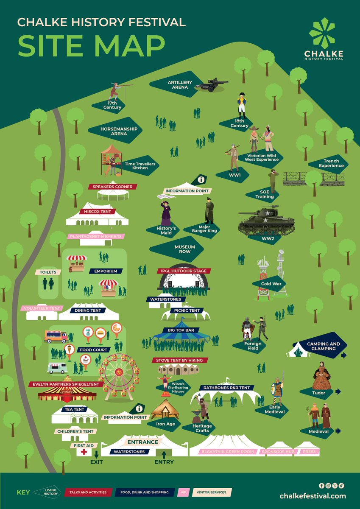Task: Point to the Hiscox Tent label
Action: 98,211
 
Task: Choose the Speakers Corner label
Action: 110,187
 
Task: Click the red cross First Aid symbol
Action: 84,452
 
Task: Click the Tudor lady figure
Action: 321,376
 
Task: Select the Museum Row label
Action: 184,249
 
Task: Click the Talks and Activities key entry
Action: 88,492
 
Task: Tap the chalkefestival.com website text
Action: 313,496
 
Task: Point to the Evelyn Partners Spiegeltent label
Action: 66,384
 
